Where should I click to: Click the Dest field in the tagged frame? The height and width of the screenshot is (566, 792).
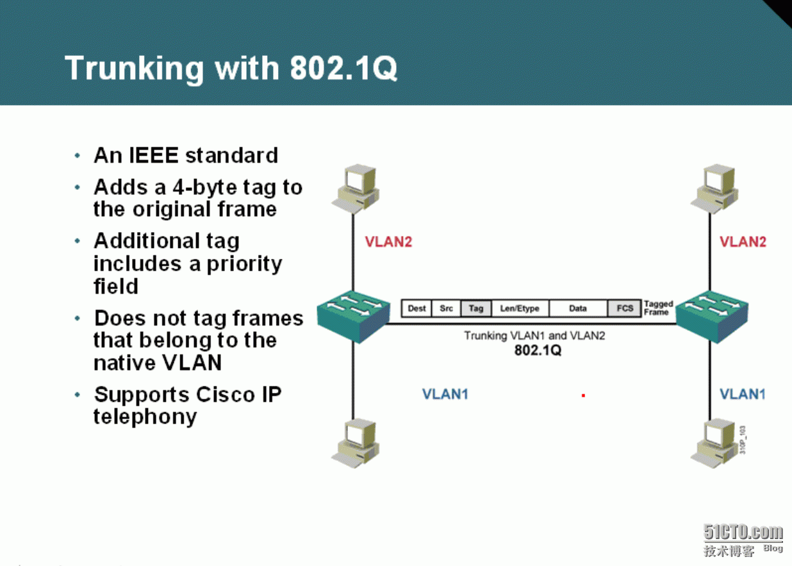pos(417,308)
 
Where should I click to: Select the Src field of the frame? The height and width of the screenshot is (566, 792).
pos(446,308)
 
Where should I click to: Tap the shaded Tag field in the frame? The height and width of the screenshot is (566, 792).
pos(476,308)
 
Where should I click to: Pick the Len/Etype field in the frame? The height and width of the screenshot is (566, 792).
pos(520,308)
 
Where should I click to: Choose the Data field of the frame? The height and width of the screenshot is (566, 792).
pos(578,308)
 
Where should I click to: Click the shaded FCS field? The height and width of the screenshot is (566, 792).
pos(624,308)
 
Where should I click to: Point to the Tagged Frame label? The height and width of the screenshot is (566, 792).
pos(658,308)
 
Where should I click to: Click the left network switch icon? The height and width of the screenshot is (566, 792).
pos(353,317)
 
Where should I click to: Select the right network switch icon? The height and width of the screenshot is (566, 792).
pos(712,317)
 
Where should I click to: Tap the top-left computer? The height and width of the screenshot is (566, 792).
pos(356,188)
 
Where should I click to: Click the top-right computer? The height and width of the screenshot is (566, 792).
pos(714,188)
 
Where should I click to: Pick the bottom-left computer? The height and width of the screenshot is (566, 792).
pos(356,443)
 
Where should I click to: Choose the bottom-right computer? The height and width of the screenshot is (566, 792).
pos(714,443)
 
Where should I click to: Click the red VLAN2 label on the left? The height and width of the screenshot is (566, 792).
pos(388,242)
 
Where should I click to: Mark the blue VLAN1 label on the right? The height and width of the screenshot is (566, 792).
pos(743,394)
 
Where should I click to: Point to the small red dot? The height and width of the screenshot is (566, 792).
pos(583,395)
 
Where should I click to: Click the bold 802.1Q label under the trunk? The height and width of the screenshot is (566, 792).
pos(538,350)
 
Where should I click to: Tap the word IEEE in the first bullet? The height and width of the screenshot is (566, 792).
pos(154,155)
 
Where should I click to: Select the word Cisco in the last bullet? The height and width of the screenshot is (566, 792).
pos(225,394)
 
